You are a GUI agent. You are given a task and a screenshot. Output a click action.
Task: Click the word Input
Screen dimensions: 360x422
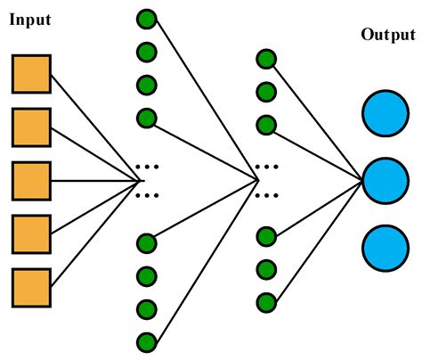30,20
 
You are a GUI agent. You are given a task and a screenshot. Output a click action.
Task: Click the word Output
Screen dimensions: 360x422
388,35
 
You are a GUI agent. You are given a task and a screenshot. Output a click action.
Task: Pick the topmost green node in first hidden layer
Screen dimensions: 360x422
147,18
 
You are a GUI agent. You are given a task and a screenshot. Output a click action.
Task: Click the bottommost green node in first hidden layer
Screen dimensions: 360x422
147,341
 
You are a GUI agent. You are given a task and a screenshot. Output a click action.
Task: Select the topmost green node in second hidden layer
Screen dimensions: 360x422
265,59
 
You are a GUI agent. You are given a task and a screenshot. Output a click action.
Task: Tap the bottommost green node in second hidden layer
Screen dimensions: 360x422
265,301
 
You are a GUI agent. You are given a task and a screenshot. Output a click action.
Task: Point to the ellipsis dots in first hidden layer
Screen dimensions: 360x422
147,180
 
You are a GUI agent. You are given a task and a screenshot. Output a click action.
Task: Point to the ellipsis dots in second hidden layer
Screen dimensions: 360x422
265,180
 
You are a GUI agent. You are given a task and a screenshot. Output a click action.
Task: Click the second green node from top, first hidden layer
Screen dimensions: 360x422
147,52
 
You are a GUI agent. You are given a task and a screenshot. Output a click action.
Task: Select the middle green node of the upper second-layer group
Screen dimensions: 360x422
265,92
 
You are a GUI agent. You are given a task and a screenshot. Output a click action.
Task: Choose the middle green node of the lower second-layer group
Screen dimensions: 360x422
265,268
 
